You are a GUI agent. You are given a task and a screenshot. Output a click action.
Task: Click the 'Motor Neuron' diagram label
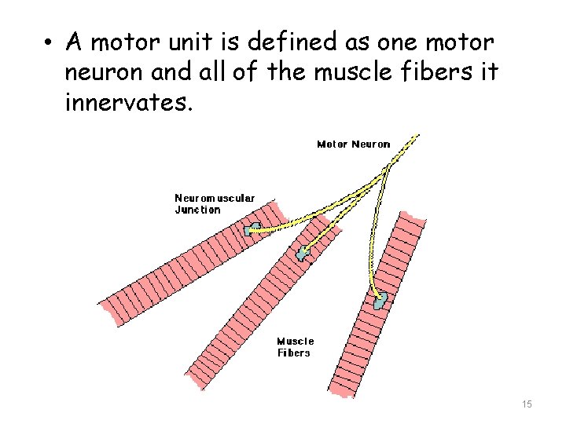[353, 144]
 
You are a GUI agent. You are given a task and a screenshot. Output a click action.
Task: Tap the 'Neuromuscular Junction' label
[214, 204]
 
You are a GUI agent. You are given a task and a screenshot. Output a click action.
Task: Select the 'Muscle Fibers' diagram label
[295, 347]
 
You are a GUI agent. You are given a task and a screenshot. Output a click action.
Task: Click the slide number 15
[527, 404]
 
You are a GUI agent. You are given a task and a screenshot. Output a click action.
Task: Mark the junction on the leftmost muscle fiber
[252, 229]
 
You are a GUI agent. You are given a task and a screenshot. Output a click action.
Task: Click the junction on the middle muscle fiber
[303, 253]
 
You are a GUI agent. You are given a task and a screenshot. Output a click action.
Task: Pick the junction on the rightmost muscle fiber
[381, 300]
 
